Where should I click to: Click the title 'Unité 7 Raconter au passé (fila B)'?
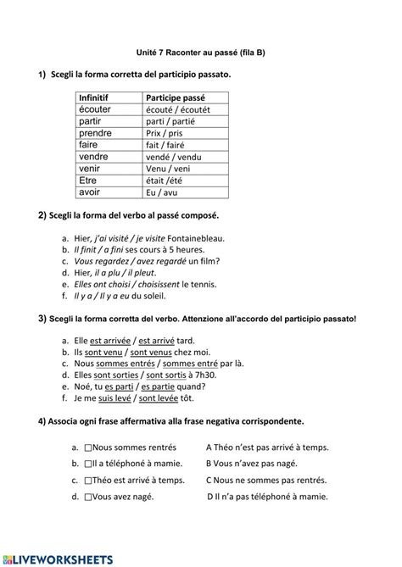[202, 53]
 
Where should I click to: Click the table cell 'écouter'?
[95, 109]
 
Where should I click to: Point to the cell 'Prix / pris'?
[165, 133]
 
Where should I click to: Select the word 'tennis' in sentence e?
[204, 285]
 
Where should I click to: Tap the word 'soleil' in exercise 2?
[153, 297]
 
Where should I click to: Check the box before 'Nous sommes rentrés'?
[88, 447]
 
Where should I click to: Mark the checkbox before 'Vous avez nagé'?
[88, 497]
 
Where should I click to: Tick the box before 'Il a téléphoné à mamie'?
[88, 464]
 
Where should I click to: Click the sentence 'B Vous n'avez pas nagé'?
[252, 464]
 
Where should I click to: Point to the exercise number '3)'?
[42, 319]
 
